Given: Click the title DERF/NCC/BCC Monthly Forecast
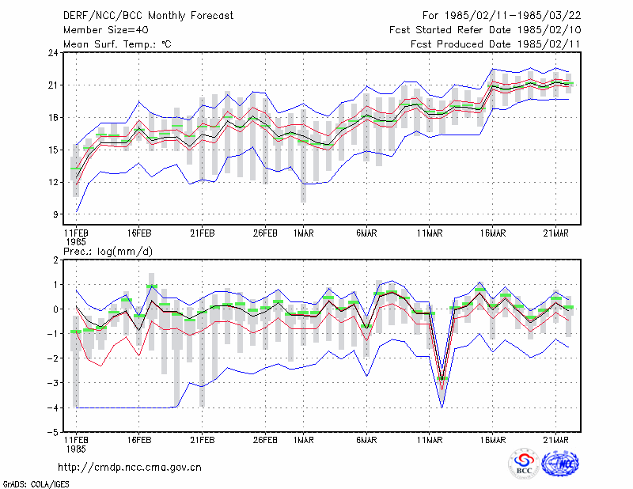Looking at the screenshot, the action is click(x=148, y=16).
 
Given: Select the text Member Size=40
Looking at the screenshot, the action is click(x=106, y=30).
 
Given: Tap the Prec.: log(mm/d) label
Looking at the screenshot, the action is click(x=108, y=252).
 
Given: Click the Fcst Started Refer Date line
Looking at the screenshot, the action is click(x=485, y=30).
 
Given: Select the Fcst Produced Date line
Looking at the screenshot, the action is click(x=495, y=44).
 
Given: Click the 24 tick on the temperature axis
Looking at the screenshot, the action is click(x=54, y=53).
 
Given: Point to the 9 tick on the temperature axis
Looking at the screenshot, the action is click(x=55, y=214).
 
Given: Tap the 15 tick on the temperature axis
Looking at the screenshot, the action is click(x=54, y=150).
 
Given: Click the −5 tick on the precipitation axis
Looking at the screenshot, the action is click(x=53, y=432).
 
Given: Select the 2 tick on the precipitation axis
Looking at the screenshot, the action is click(x=55, y=260).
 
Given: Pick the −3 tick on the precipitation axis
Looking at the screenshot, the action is click(x=53, y=383).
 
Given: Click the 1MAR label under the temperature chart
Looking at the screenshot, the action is click(x=304, y=233).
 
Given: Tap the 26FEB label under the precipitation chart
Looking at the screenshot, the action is click(x=265, y=440).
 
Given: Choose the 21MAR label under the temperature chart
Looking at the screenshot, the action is click(x=556, y=233).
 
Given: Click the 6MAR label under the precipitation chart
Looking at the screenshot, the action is click(x=366, y=440).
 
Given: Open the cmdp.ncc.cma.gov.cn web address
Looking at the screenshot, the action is click(x=130, y=468).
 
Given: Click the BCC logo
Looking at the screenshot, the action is click(x=524, y=464).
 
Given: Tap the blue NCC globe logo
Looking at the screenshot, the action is click(x=560, y=464).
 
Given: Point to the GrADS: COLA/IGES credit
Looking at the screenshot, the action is click(x=36, y=484).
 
